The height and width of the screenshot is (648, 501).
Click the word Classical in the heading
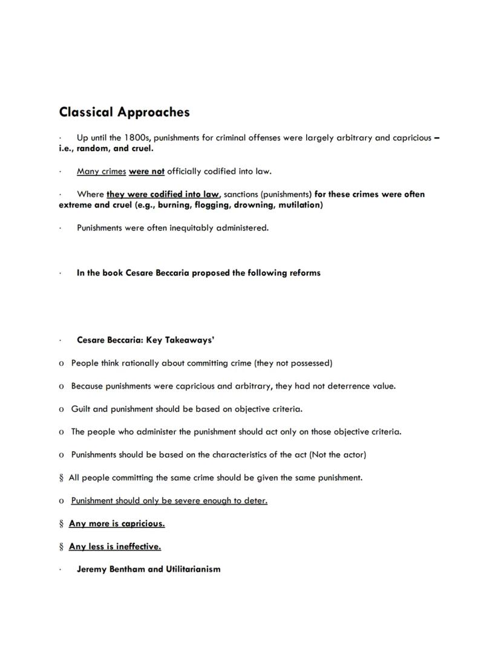86,112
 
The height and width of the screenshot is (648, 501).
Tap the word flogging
212,205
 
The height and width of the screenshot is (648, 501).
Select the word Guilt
80,409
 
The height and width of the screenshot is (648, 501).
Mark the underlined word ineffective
138,546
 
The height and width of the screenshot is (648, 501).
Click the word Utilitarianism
193,569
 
